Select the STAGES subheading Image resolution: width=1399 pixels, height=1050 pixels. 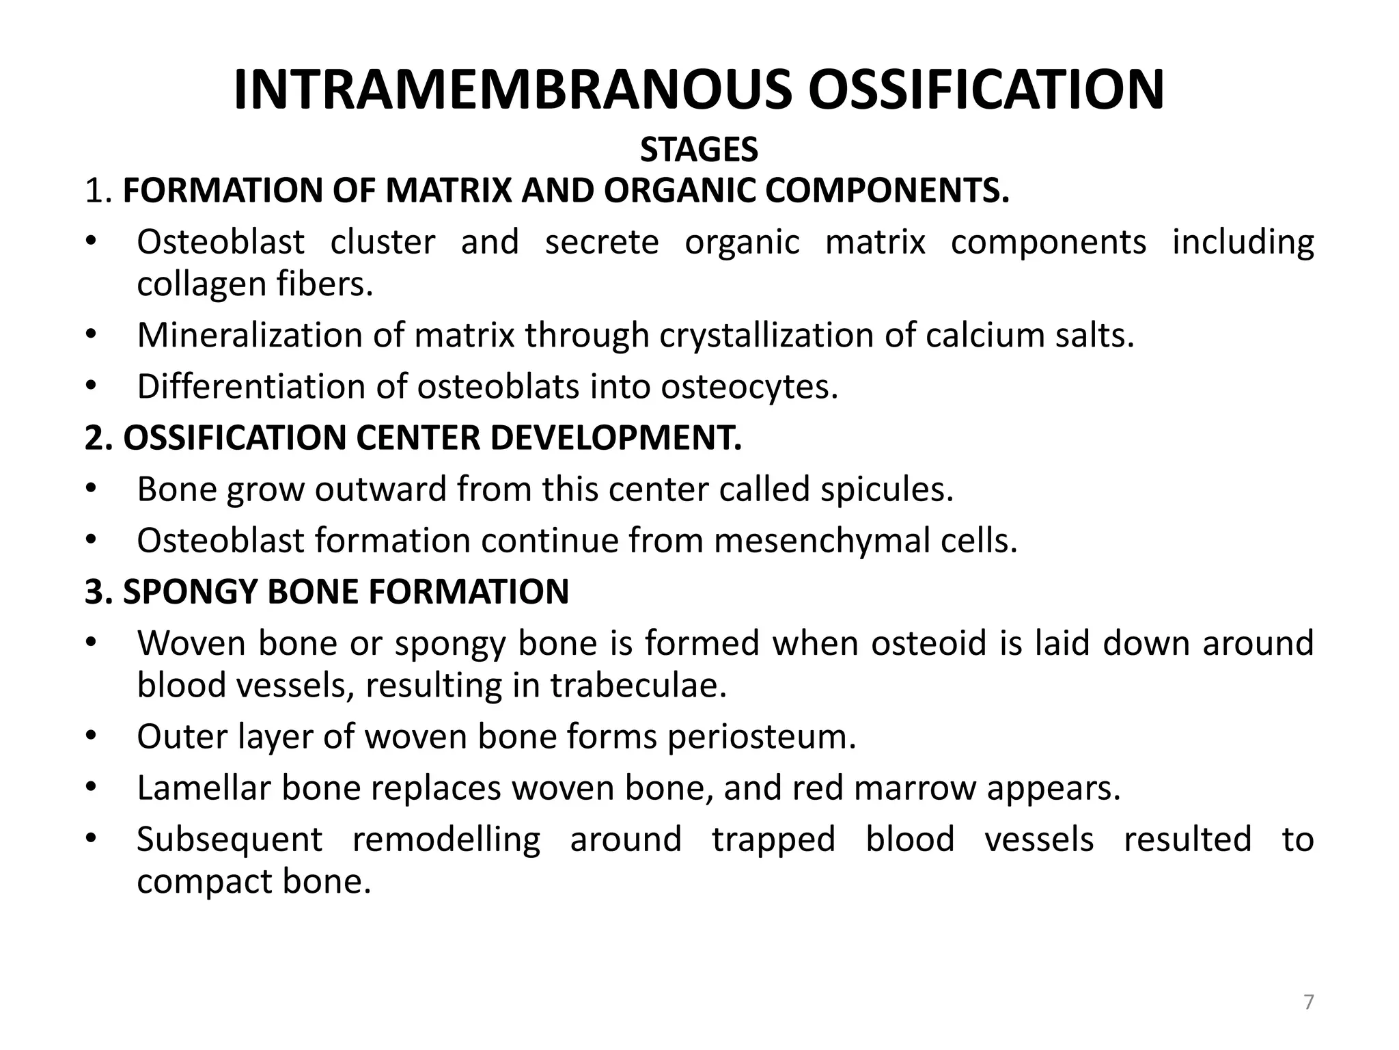(x=699, y=150)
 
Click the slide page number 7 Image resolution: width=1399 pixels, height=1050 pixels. (x=1308, y=1003)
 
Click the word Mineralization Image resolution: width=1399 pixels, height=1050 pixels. (x=250, y=336)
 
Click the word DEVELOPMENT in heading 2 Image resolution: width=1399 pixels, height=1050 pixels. (x=615, y=438)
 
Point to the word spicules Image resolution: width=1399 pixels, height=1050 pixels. (x=883, y=489)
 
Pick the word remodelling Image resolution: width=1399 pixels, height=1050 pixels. (x=446, y=839)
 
